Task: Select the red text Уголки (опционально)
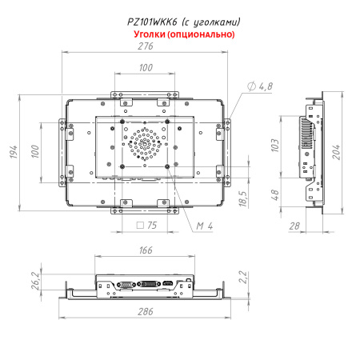point(181,34)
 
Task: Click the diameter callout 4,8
point(261,86)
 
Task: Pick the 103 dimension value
point(274,144)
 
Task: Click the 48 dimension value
point(274,195)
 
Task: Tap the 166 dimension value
point(145,250)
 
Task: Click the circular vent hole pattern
point(145,144)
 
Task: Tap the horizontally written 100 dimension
point(145,69)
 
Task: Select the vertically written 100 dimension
point(34,151)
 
